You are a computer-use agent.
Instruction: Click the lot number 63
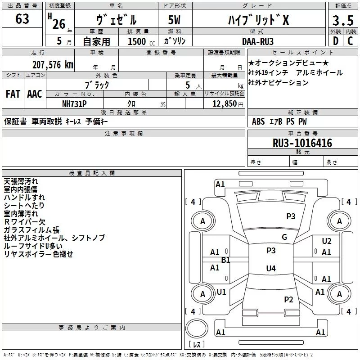click(22, 18)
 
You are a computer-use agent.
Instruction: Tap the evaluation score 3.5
click(343, 20)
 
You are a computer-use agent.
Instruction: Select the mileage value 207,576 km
click(53, 64)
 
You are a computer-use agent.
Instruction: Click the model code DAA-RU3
click(258, 41)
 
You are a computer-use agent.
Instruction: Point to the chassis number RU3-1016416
click(302, 143)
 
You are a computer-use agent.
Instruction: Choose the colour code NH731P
click(74, 104)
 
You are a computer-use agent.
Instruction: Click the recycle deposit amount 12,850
click(224, 104)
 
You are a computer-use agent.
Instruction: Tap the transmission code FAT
click(13, 94)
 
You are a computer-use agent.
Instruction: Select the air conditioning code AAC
click(35, 94)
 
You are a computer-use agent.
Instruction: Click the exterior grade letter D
click(336, 41)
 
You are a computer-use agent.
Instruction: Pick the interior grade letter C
click(350, 41)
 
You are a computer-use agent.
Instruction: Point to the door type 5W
click(174, 20)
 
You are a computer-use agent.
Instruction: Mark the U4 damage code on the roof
click(271, 268)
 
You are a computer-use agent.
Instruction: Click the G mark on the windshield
click(284, 237)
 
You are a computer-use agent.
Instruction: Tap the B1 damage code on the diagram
click(225, 260)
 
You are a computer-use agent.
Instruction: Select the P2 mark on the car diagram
click(288, 299)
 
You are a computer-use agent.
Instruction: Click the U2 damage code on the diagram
click(327, 241)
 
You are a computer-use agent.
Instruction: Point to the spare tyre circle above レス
click(197, 328)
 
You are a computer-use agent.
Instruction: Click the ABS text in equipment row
click(258, 121)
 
